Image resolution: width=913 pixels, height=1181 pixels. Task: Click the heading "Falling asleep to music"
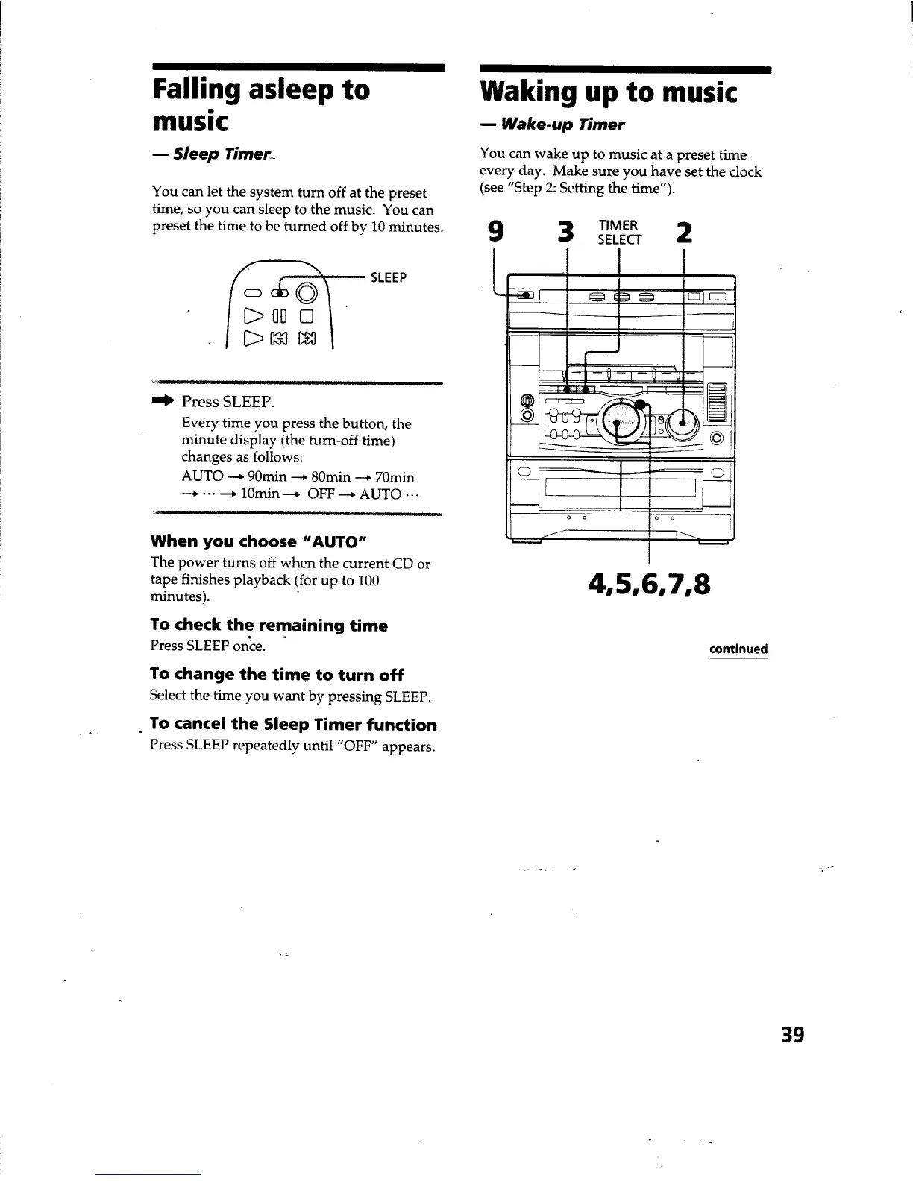261,104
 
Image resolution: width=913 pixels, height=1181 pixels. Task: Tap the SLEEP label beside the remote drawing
389,278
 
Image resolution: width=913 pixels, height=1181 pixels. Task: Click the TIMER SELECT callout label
618,233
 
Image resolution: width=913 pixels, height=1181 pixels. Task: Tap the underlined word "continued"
738,649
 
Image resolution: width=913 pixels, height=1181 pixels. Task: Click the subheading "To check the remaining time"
269,625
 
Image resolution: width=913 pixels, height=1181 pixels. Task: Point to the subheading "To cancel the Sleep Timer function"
293,724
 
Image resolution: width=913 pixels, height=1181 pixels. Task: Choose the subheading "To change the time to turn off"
276,674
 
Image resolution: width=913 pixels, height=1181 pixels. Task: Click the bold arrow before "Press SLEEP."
163,401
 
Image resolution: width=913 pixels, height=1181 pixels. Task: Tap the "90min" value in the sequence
266,476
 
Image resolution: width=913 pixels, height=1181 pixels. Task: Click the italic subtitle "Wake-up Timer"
562,124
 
